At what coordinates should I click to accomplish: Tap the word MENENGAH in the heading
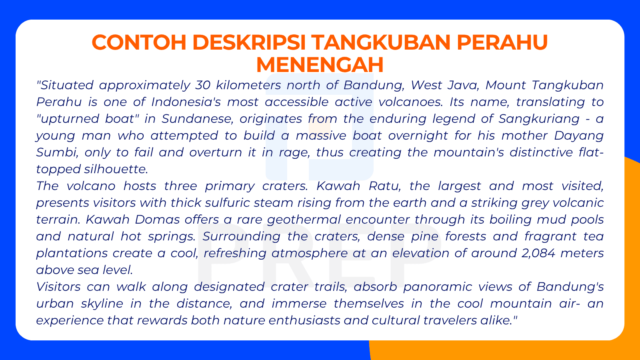320,64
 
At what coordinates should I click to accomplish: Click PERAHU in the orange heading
502,42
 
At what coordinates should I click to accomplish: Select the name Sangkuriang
539,119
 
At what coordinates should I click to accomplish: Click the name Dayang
578,136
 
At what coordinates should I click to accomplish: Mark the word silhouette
116,169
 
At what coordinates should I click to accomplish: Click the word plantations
72,253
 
